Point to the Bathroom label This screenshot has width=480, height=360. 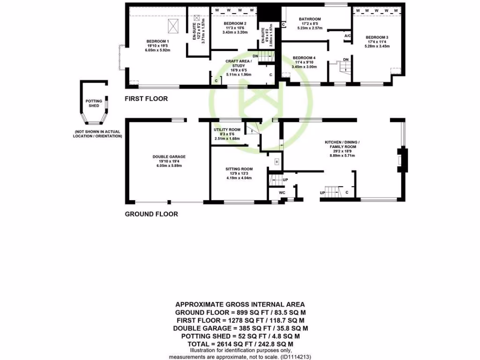tap(310, 19)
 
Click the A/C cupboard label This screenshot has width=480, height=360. tap(347, 36)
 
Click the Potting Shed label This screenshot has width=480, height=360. tap(93, 103)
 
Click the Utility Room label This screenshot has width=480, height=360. tap(227, 130)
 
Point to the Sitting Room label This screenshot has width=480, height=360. tap(239, 169)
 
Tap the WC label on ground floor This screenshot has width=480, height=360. tap(282, 192)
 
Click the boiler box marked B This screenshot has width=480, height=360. tap(277, 162)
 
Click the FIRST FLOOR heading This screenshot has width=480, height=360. tap(146, 99)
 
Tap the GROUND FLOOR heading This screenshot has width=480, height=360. tap(151, 214)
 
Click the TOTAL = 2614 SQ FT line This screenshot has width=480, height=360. tap(240, 344)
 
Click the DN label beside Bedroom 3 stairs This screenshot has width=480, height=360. tap(345, 60)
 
